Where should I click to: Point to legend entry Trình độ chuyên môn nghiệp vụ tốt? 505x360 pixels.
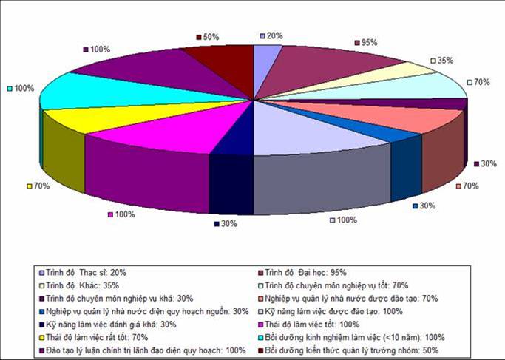(339, 285)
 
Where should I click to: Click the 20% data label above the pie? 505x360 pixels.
(274, 35)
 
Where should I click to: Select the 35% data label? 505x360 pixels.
(445, 61)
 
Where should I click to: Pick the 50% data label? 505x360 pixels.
(210, 36)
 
